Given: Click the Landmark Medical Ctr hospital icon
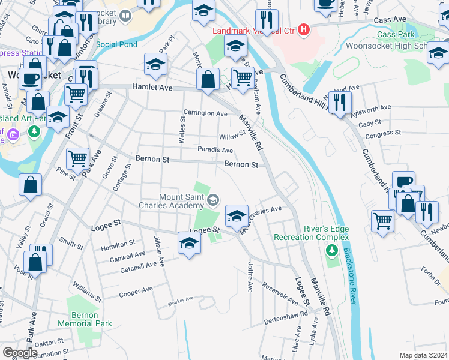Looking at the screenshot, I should [x=305, y=29].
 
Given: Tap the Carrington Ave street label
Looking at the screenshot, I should [x=205, y=113].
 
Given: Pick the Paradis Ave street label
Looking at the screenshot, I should [x=215, y=150].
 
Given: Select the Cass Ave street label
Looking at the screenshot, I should [x=390, y=20].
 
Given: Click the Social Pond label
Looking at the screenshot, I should [x=116, y=44].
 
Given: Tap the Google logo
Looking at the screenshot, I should [x=20, y=353].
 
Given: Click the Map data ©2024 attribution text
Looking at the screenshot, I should [x=423, y=355].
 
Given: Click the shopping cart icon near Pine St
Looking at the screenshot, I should [x=77, y=159].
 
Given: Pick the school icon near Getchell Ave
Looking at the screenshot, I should [x=189, y=244].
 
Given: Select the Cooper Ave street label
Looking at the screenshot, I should [x=136, y=292].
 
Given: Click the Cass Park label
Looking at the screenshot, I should [x=395, y=35].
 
